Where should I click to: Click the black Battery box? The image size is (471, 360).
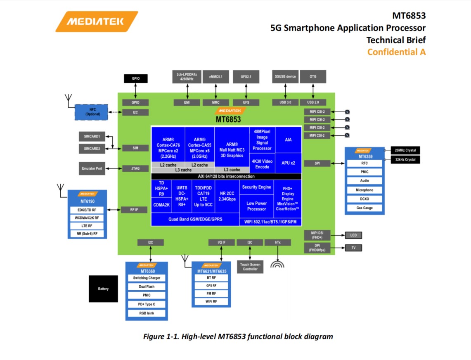[x=103, y=289]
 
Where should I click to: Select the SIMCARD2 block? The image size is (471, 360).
[x=92, y=148]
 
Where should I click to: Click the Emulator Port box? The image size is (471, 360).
[x=92, y=168]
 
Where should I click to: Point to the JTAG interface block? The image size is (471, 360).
[x=135, y=168]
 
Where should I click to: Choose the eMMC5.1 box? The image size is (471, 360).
[x=215, y=76]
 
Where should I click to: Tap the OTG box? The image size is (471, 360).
[x=313, y=76]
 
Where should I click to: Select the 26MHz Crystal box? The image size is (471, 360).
[x=405, y=150]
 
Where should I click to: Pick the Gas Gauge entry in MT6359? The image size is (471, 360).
[x=364, y=208]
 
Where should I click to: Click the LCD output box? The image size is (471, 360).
[x=353, y=235]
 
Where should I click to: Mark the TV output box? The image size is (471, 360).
[x=353, y=248]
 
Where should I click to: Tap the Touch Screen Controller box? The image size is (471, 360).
[x=250, y=267]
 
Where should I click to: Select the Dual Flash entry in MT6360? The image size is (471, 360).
[x=147, y=287]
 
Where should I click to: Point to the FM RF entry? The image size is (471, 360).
[x=211, y=294]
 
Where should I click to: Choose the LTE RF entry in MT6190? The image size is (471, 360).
[x=87, y=226]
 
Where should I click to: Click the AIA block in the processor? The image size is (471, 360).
[x=288, y=140]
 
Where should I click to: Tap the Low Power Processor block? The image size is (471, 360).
[x=256, y=206]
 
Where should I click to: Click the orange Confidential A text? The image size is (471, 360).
[x=396, y=52]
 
